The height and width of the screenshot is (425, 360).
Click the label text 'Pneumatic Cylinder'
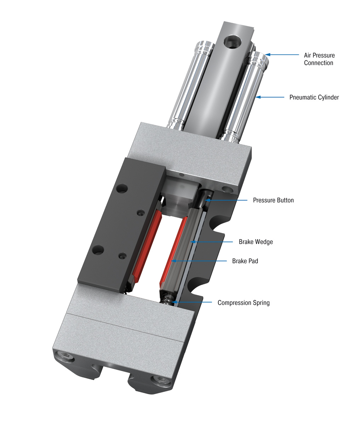point(314,97)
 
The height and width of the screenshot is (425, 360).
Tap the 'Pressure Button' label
point(273,200)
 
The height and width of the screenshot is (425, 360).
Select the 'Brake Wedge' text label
point(256,242)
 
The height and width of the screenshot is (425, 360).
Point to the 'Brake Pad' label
point(245,261)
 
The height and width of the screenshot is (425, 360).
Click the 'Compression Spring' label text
point(244,303)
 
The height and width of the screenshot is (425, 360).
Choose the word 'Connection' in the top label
point(319,63)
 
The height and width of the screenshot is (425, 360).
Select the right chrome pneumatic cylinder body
point(244,96)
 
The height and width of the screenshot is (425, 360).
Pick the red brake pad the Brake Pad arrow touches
point(173,251)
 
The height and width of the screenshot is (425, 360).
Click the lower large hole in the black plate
point(97,251)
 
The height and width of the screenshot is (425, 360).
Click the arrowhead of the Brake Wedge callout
point(192,242)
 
